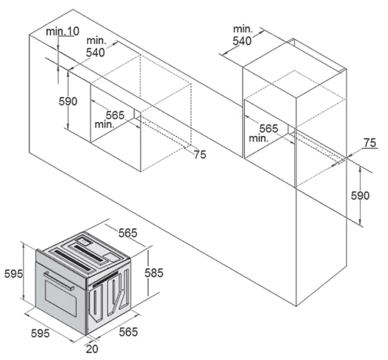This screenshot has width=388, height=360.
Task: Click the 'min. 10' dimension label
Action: [x=63, y=31]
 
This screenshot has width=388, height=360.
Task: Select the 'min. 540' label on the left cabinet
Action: [x=96, y=47]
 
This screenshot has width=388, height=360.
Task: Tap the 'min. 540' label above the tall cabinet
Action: [x=242, y=35]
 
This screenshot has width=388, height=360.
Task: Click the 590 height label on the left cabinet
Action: [x=68, y=101]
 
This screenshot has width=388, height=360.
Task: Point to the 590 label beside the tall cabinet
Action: [x=360, y=195]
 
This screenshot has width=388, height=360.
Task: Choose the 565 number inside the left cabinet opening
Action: [x=115, y=115]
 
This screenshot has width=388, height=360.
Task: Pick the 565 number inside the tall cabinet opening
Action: [x=269, y=129]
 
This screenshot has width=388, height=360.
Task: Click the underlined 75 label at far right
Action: [x=370, y=143]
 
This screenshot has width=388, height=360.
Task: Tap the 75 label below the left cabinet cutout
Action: [x=200, y=155]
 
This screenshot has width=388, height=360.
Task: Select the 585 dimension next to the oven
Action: [x=154, y=273]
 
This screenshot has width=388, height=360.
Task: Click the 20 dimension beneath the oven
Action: [x=92, y=349]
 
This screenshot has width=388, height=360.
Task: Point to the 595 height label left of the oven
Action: [x=14, y=274]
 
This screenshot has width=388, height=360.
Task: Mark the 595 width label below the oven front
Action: [x=40, y=334]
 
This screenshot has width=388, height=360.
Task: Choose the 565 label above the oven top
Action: [x=128, y=233]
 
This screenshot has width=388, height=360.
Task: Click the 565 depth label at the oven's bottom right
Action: [x=128, y=332]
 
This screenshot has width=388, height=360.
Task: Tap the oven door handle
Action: [x=59, y=281]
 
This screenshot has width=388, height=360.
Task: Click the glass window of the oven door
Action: [x=60, y=299]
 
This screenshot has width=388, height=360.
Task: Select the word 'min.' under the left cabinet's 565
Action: [x=104, y=124]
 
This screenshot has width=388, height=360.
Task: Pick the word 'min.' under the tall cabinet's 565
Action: [x=259, y=138]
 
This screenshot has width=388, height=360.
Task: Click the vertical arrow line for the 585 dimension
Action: [x=148, y=273]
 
